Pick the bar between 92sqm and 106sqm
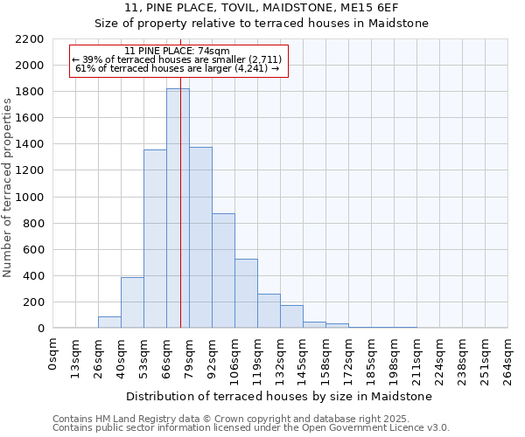[x=223, y=270]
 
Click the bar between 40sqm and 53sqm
[x=132, y=302]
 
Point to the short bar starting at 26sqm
[x=109, y=322]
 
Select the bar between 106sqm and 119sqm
[x=246, y=293]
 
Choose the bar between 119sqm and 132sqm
[x=269, y=310]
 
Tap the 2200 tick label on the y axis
[x=29, y=39]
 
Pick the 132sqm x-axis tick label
[x=280, y=359]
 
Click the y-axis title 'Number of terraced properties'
[x=8, y=188]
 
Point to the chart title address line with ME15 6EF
[x=262, y=8]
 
